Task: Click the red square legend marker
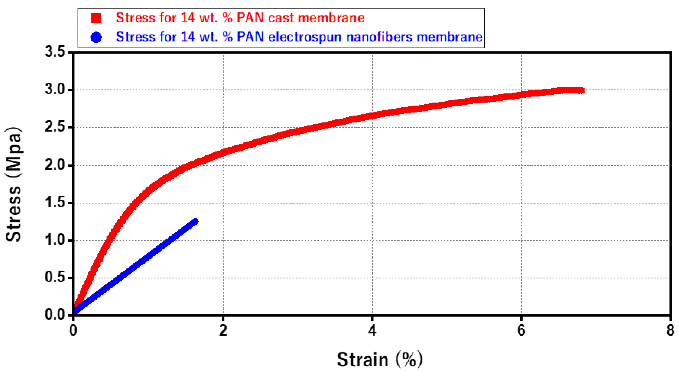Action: tap(96, 18)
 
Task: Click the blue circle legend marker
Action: tap(96, 37)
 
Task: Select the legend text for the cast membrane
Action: tap(240, 18)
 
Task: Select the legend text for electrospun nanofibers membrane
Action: tap(299, 37)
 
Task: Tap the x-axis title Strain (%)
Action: tap(380, 359)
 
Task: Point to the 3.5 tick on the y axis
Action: tap(55, 52)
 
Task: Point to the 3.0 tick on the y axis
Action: tap(55, 89)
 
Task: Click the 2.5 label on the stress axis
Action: tap(55, 127)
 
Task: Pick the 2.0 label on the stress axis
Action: tap(55, 165)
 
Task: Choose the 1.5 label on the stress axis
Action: tap(55, 203)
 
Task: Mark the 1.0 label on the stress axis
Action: tap(55, 240)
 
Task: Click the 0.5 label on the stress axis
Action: tap(55, 277)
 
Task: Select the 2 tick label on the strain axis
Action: tap(223, 330)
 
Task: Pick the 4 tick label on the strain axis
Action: tap(372, 330)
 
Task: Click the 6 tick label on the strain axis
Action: tap(521, 330)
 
